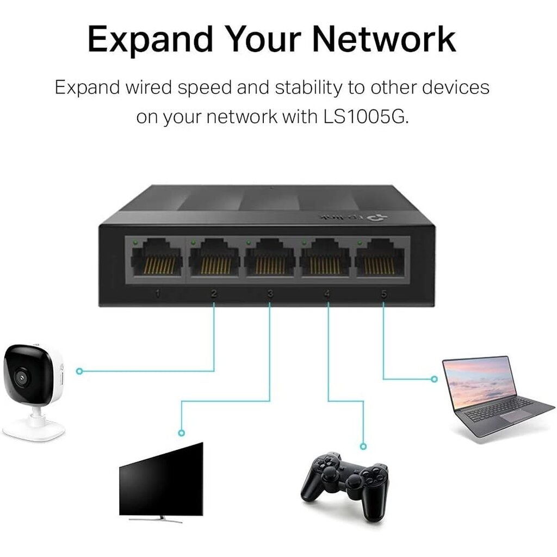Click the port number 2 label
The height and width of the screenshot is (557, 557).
tap(214, 294)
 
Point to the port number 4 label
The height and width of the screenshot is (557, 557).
tap(327, 294)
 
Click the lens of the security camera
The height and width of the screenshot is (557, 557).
tap(22, 376)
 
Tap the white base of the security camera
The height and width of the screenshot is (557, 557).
tap(34, 430)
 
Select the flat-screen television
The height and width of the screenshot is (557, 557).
tap(162, 479)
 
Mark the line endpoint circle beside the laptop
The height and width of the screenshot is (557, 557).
tap(434, 379)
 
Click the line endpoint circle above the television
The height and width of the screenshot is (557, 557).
tap(182, 433)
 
